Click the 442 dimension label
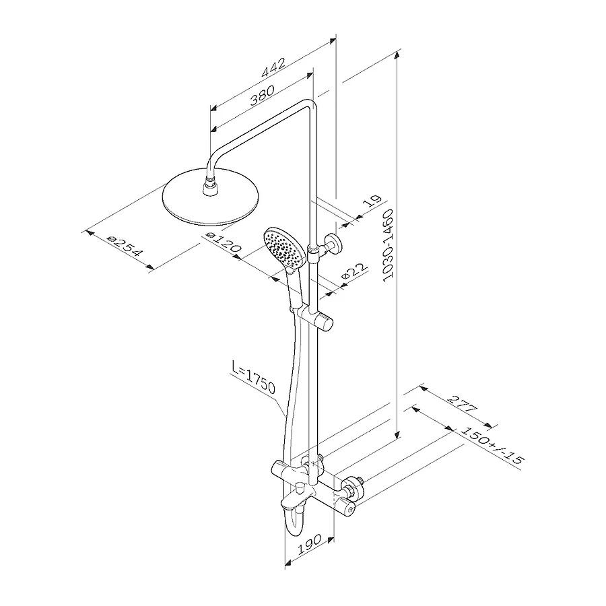click(x=273, y=67)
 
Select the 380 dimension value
click(x=262, y=95)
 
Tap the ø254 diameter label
click(x=125, y=246)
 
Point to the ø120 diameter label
click(x=224, y=242)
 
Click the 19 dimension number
click(x=372, y=201)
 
